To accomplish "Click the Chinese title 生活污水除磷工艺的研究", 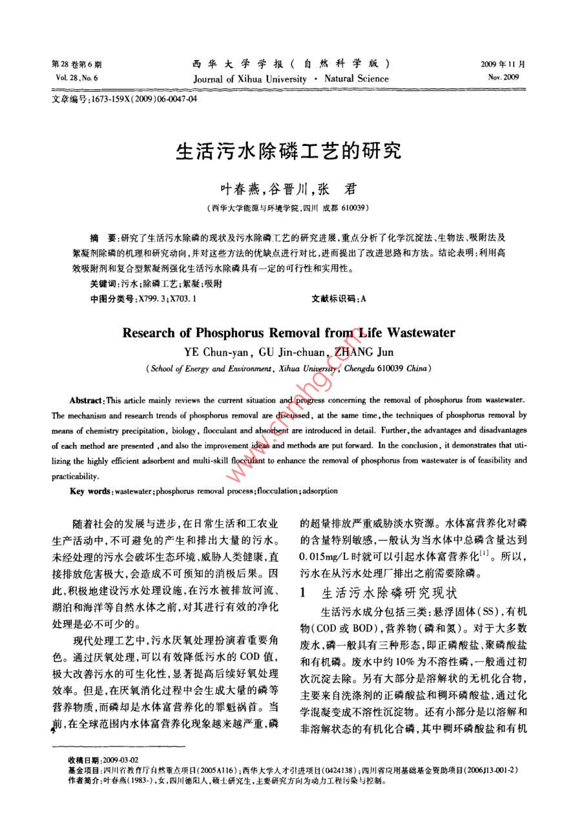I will pyautogui.click(x=289, y=151).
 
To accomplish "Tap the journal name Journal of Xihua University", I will pyautogui.click(x=250, y=79).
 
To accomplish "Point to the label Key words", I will pyautogui.click(x=89, y=492).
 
